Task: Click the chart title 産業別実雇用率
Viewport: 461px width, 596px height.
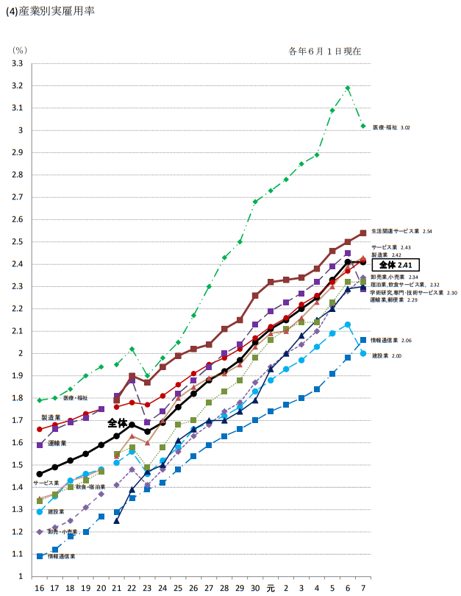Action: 55,13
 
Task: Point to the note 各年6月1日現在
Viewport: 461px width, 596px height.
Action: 325,52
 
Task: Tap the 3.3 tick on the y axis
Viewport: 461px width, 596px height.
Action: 18,64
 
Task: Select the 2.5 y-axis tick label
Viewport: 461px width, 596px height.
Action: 18,242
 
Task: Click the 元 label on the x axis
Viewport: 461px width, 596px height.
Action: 271,589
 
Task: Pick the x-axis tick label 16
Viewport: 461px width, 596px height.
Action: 40,589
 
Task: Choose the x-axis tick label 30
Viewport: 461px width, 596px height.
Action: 255,589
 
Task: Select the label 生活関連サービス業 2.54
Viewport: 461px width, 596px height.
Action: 401,231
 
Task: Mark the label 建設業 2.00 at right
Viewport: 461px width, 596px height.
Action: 386,356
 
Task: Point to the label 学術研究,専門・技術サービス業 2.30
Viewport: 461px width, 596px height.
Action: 413,293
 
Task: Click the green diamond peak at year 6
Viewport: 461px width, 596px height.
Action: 348,88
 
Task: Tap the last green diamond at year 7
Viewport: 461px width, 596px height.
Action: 363,126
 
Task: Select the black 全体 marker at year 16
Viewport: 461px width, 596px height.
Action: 40,474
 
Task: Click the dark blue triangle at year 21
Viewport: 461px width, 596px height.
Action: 116,520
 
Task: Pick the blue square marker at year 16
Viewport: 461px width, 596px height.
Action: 40,556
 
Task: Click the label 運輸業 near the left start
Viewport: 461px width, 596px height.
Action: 58,444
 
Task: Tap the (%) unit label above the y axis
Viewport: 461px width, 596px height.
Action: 19,50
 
